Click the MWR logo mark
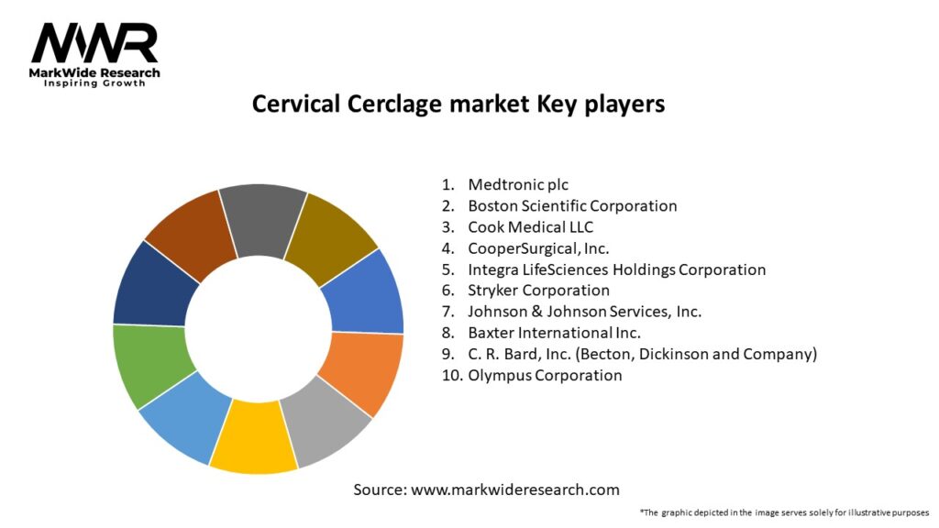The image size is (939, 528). click(x=94, y=43)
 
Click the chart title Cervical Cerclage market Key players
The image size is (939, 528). click(x=458, y=104)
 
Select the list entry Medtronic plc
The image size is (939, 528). click(x=518, y=184)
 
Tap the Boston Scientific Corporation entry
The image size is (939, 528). click(x=572, y=206)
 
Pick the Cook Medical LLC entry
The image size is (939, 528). click(x=531, y=227)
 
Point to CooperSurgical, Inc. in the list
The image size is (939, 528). click(x=538, y=248)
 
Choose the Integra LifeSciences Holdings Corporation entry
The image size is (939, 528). click(x=617, y=269)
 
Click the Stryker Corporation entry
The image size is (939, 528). click(x=539, y=291)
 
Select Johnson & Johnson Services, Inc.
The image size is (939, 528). click(x=584, y=312)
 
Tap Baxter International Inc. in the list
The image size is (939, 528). click(x=555, y=333)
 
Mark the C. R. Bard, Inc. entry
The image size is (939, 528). click(x=643, y=354)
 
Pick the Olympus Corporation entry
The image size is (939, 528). click(x=545, y=375)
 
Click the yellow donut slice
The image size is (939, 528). click(x=254, y=437)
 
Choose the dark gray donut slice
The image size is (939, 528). click(x=262, y=219)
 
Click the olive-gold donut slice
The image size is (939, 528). click(x=330, y=236)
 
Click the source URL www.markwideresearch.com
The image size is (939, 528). click(x=515, y=489)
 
